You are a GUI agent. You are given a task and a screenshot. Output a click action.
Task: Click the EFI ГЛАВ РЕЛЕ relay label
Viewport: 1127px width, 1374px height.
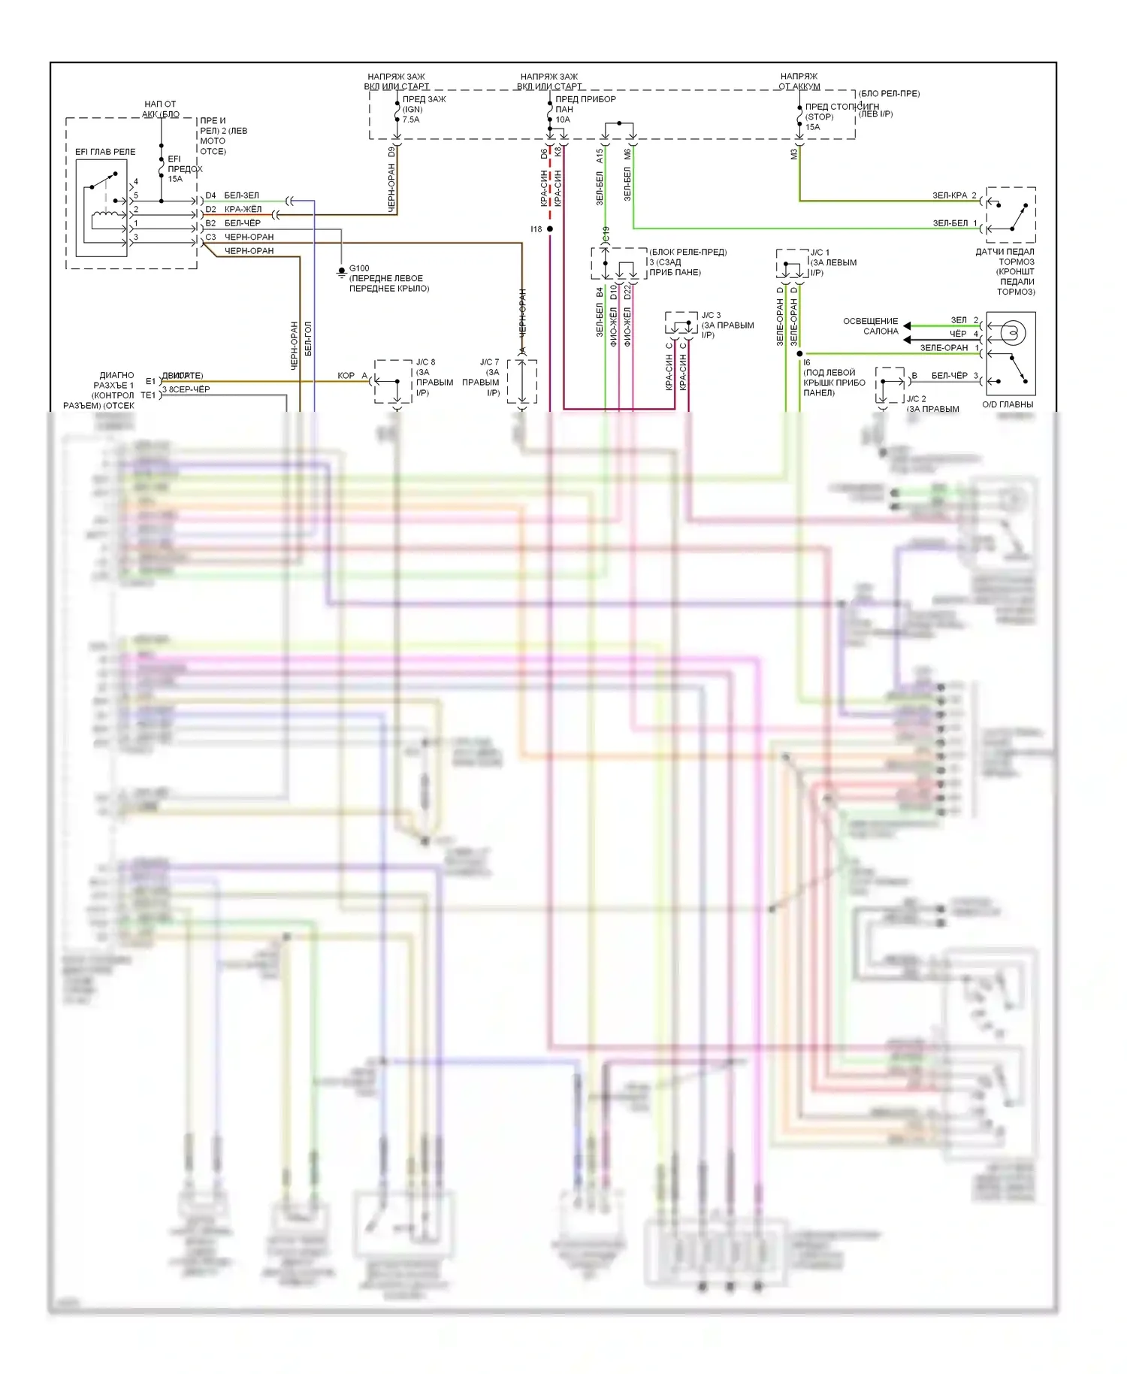tap(105, 152)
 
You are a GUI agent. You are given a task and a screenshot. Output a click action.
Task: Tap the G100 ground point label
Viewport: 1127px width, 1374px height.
tap(359, 268)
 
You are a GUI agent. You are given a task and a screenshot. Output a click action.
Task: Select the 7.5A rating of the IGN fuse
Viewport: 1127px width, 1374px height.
tap(411, 120)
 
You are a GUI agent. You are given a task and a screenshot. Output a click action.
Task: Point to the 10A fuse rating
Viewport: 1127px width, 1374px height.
tap(563, 120)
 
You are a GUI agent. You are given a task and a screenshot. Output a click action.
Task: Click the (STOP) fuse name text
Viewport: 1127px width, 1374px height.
tap(819, 117)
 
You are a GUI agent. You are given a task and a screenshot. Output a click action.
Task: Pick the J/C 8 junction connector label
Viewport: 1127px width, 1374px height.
tap(425, 362)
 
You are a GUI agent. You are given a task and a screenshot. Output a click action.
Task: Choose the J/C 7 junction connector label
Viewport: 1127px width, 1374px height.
tap(489, 362)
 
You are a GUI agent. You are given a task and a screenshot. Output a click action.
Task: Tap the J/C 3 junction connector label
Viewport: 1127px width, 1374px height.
tap(711, 316)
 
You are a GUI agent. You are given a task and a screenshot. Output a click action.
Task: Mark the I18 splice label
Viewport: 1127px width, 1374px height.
tap(536, 229)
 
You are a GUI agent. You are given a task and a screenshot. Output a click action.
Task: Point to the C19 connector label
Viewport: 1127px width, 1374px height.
tap(606, 234)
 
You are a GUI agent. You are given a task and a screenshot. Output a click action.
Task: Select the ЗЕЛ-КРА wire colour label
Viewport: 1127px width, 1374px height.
tap(950, 195)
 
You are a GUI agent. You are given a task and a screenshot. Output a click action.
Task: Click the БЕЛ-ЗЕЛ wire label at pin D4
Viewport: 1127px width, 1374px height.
tap(241, 195)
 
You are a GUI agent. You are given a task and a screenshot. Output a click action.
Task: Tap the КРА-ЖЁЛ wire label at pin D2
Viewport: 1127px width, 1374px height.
tap(243, 209)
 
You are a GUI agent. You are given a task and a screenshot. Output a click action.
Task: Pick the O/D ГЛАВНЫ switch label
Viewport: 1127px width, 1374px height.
tap(1008, 404)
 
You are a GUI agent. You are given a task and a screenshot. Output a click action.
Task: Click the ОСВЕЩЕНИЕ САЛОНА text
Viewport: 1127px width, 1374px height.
tap(870, 326)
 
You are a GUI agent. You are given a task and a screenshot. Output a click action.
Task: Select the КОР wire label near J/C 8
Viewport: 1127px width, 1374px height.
tap(346, 375)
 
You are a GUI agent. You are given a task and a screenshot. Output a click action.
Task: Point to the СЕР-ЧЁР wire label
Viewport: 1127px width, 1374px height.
tap(192, 389)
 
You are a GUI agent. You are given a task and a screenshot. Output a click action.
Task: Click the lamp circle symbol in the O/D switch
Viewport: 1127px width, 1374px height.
tap(1012, 332)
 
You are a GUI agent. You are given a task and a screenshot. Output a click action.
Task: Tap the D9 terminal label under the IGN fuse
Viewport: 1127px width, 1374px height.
tap(391, 151)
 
